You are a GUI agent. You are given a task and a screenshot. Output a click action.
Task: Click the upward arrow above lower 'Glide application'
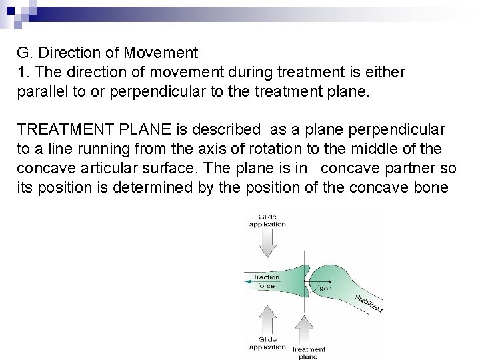[x=267, y=327]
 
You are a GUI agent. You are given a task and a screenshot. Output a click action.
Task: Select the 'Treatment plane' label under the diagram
[x=309, y=353]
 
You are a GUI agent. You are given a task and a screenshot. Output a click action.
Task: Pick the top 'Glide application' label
[x=267, y=221]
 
